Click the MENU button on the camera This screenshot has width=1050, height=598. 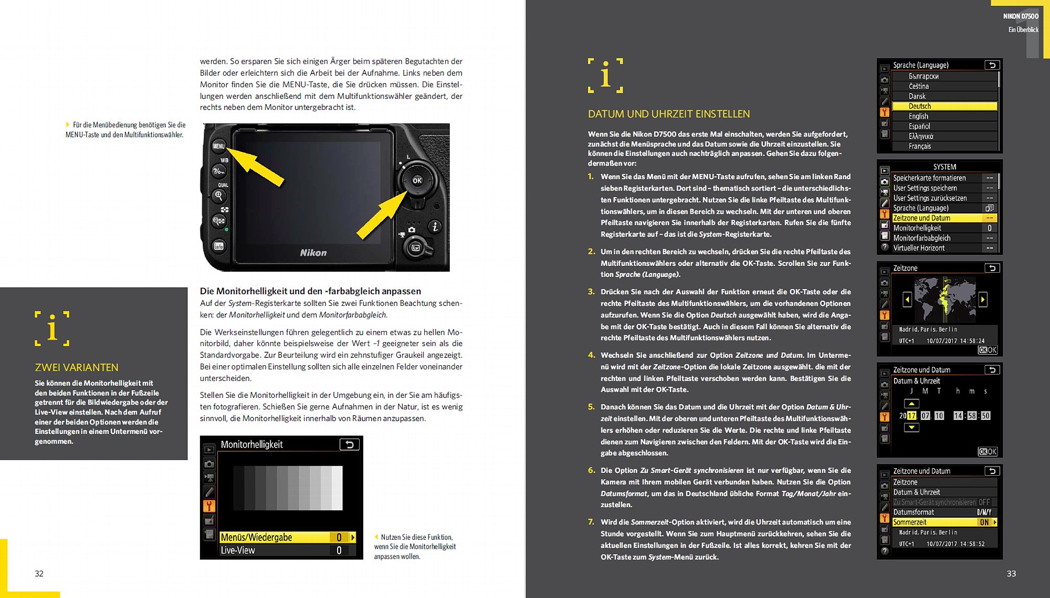pyautogui.click(x=219, y=146)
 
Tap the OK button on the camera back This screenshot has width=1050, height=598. pyautogui.click(x=417, y=181)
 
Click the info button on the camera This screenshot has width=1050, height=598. pyautogui.click(x=219, y=246)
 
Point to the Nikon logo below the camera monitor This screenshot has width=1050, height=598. pyautogui.click(x=313, y=253)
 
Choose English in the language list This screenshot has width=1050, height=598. pyautogui.click(x=919, y=116)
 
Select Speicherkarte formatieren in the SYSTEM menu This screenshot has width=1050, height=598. pyautogui.click(x=930, y=178)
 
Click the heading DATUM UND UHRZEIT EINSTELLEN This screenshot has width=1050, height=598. pyautogui.click(x=669, y=114)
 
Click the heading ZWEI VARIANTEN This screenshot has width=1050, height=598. pyautogui.click(x=77, y=367)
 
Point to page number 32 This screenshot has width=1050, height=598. pyautogui.click(x=39, y=573)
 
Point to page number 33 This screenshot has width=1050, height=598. pyautogui.click(x=1011, y=573)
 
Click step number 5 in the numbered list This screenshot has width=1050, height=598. pyautogui.click(x=591, y=407)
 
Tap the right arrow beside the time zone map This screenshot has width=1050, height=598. pyautogui.click(x=983, y=300)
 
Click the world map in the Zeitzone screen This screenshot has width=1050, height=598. pyautogui.click(x=944, y=300)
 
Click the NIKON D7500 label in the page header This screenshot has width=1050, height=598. pyautogui.click(x=1020, y=16)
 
